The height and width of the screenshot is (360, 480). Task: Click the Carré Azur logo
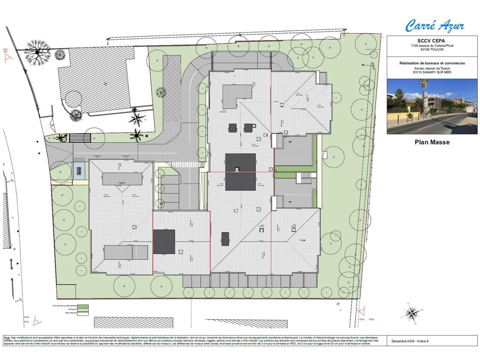(x=435, y=26)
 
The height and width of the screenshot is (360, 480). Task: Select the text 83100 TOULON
(x=432, y=49)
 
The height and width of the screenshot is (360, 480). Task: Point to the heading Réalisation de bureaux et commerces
(x=432, y=63)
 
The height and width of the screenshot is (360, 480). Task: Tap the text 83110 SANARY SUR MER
(x=432, y=72)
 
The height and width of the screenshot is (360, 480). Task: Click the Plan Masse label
(x=432, y=142)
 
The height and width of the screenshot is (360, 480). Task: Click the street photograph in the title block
(x=432, y=106)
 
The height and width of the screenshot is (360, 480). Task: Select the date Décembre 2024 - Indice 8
(x=410, y=341)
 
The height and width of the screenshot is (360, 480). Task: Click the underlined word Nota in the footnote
(x=7, y=337)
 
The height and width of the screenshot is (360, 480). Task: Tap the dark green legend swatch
(x=83, y=307)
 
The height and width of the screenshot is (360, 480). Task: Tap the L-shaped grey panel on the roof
(x=236, y=95)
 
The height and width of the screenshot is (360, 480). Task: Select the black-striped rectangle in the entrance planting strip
(x=80, y=138)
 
